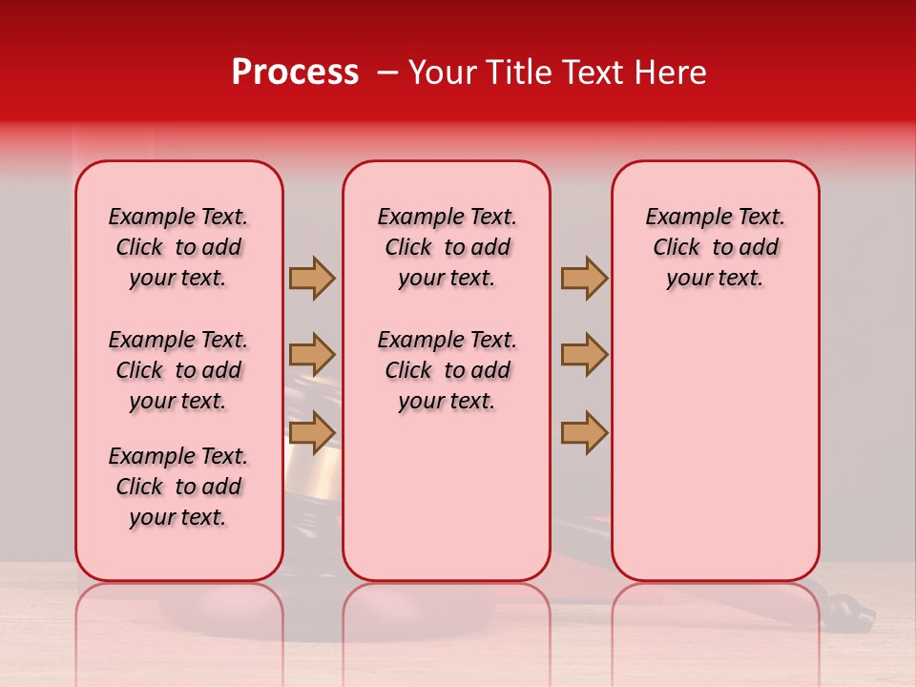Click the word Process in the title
(x=295, y=73)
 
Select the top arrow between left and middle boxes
(x=312, y=278)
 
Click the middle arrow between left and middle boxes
(x=312, y=355)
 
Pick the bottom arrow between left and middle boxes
(x=312, y=432)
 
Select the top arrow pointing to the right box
(x=584, y=278)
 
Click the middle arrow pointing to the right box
(x=584, y=355)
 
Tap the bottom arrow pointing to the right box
(x=584, y=432)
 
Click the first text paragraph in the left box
(x=178, y=247)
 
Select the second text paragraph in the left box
(x=178, y=370)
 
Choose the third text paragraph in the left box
(x=178, y=487)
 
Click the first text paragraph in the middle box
(x=447, y=247)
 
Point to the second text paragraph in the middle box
(x=447, y=370)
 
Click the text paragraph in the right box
(x=715, y=247)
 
